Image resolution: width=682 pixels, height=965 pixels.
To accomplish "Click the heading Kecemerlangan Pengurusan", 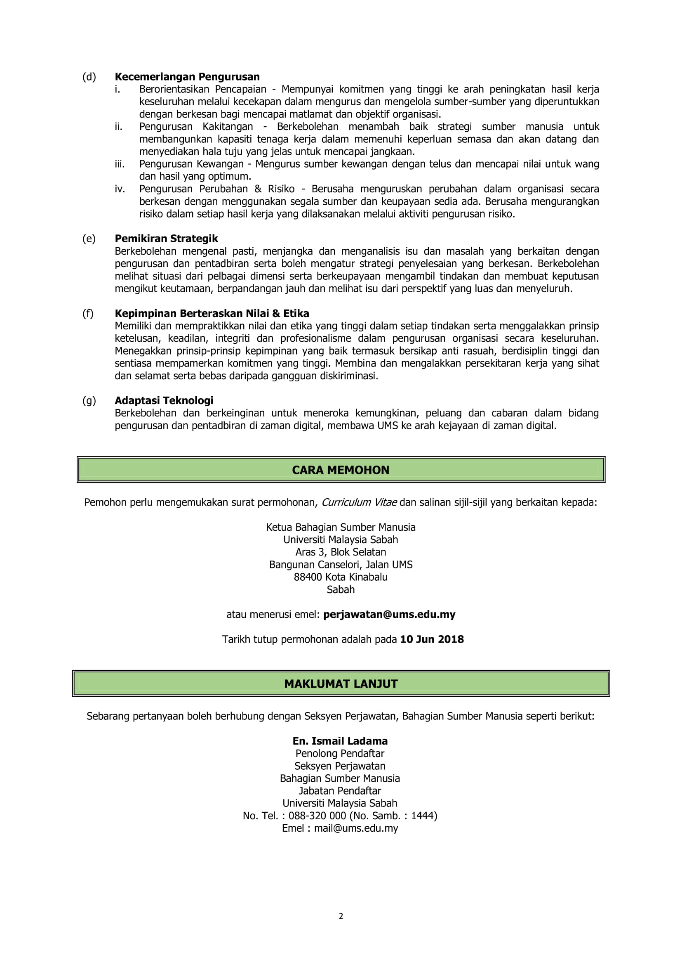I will click(187, 77).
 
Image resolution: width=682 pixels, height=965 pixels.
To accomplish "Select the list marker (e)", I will click(89, 239).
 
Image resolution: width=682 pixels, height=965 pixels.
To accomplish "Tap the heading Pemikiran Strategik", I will click(166, 239).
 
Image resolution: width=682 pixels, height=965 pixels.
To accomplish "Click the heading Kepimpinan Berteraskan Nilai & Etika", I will click(212, 314).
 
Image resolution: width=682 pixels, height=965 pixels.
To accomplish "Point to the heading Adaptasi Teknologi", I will click(164, 400).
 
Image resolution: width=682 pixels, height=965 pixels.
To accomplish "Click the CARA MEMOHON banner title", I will click(341, 470).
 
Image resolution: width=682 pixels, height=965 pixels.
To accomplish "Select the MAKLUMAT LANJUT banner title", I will click(341, 684).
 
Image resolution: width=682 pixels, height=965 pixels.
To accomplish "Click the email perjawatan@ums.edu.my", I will click(389, 615).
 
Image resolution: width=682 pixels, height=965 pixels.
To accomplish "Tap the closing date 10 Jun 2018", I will click(432, 639).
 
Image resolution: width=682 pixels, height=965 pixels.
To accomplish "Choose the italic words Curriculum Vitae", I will click(359, 503).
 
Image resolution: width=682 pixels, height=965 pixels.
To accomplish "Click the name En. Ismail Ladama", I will click(340, 741).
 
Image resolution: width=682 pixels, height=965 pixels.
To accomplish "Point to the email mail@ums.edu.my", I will click(356, 828).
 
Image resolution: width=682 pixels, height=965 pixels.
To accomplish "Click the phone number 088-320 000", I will click(317, 816).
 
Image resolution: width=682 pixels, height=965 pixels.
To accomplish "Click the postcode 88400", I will click(308, 577).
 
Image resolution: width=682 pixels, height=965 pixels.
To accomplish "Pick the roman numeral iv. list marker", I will click(120, 189).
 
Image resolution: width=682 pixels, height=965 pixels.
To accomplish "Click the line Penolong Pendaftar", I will click(340, 754).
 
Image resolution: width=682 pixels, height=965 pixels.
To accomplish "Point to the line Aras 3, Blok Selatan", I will click(341, 552).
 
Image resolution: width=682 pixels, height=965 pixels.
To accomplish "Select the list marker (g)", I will click(89, 400).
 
